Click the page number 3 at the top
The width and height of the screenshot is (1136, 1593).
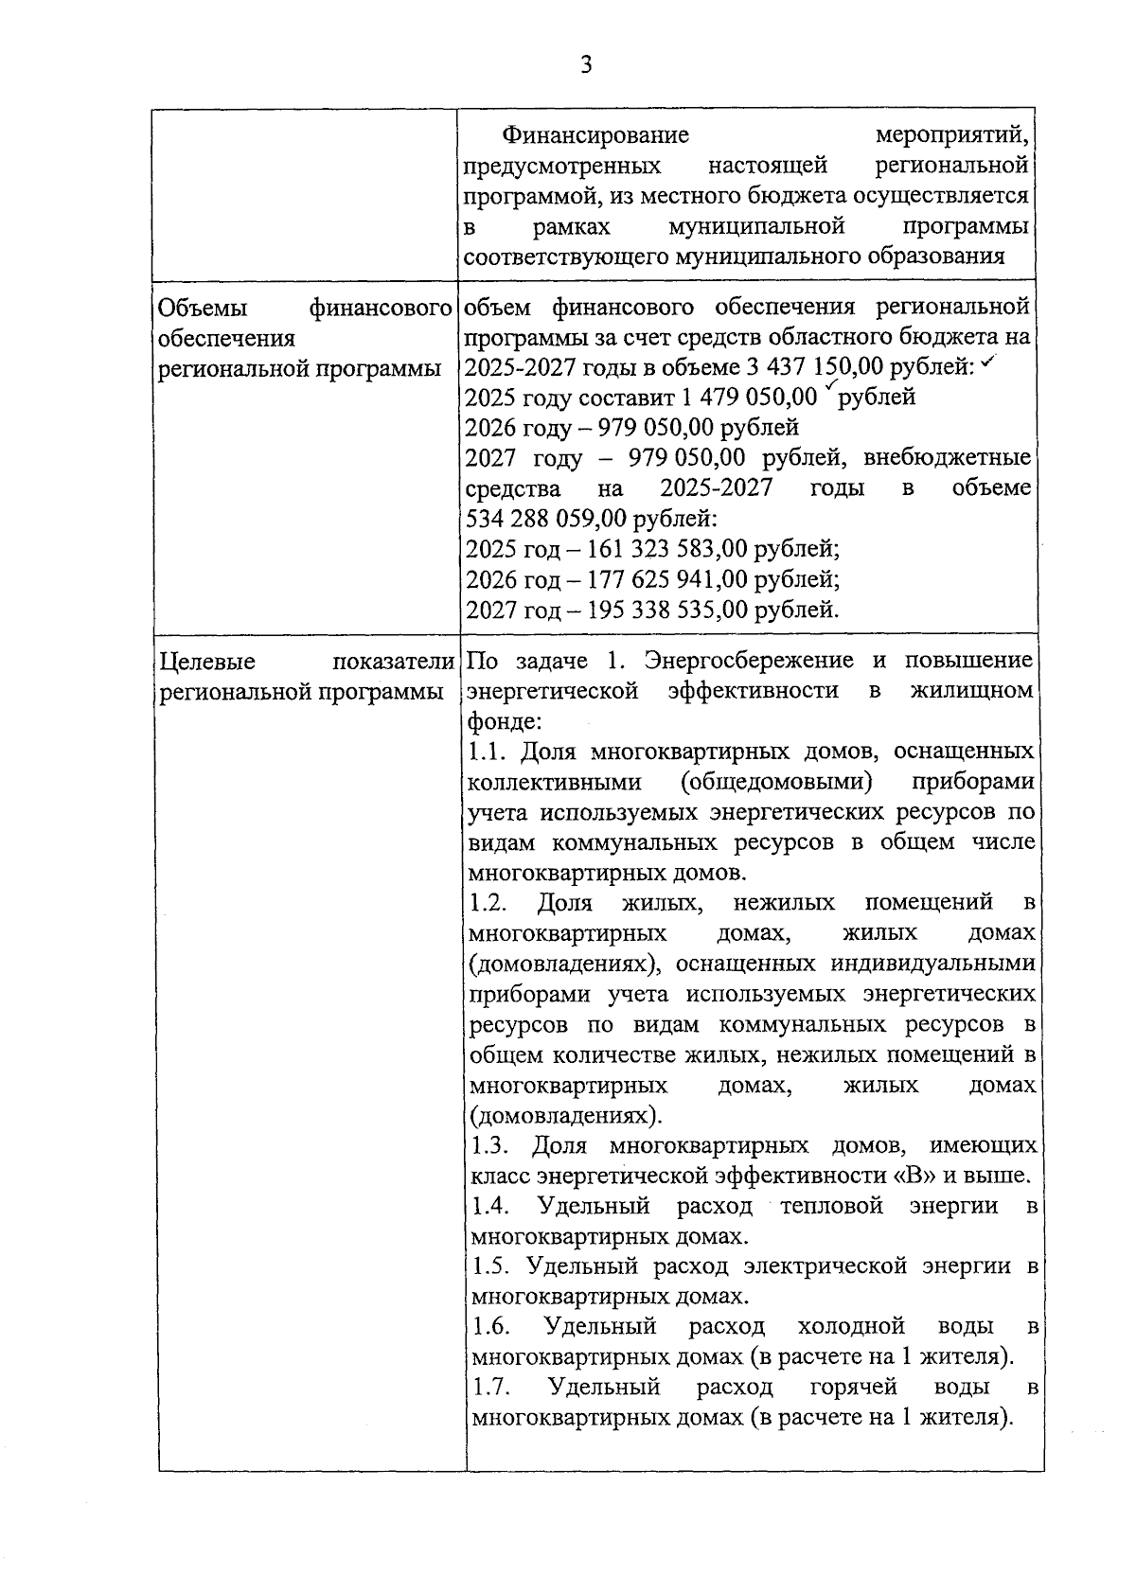[586, 65]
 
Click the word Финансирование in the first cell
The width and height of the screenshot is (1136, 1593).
[595, 135]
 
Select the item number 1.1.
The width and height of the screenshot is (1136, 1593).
[489, 752]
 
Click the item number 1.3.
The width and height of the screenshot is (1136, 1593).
[490, 1146]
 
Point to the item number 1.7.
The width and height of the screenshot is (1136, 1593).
[491, 1388]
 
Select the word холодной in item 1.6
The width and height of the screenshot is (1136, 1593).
[851, 1327]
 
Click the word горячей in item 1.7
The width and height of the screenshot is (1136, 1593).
[853, 1388]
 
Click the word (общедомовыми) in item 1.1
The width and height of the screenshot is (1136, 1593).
[775, 783]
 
